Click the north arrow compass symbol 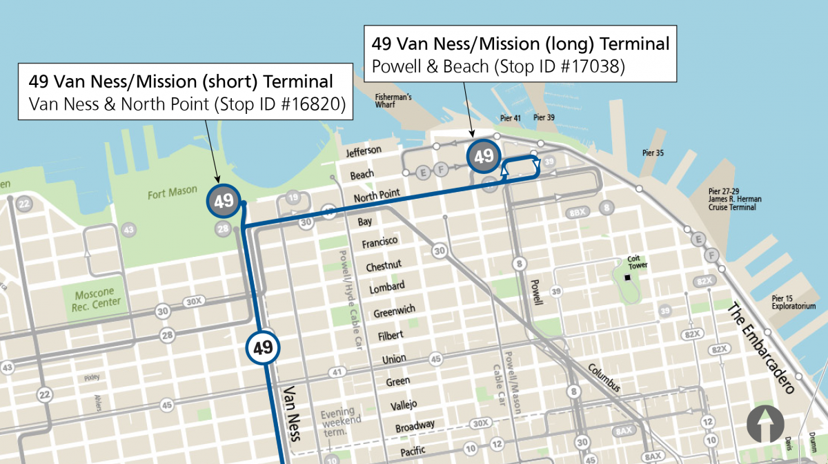click(765, 423)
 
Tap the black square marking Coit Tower click(627, 278)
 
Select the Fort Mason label click(172, 192)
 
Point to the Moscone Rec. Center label click(97, 298)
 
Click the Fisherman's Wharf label click(393, 101)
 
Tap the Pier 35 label click(652, 153)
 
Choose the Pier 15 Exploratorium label click(793, 302)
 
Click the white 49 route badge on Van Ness click(263, 347)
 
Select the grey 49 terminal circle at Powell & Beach click(484, 156)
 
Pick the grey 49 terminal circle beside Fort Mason click(223, 201)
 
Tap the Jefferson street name click(364, 151)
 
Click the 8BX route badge click(578, 213)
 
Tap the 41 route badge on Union click(336, 372)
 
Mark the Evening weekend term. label click(337, 423)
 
